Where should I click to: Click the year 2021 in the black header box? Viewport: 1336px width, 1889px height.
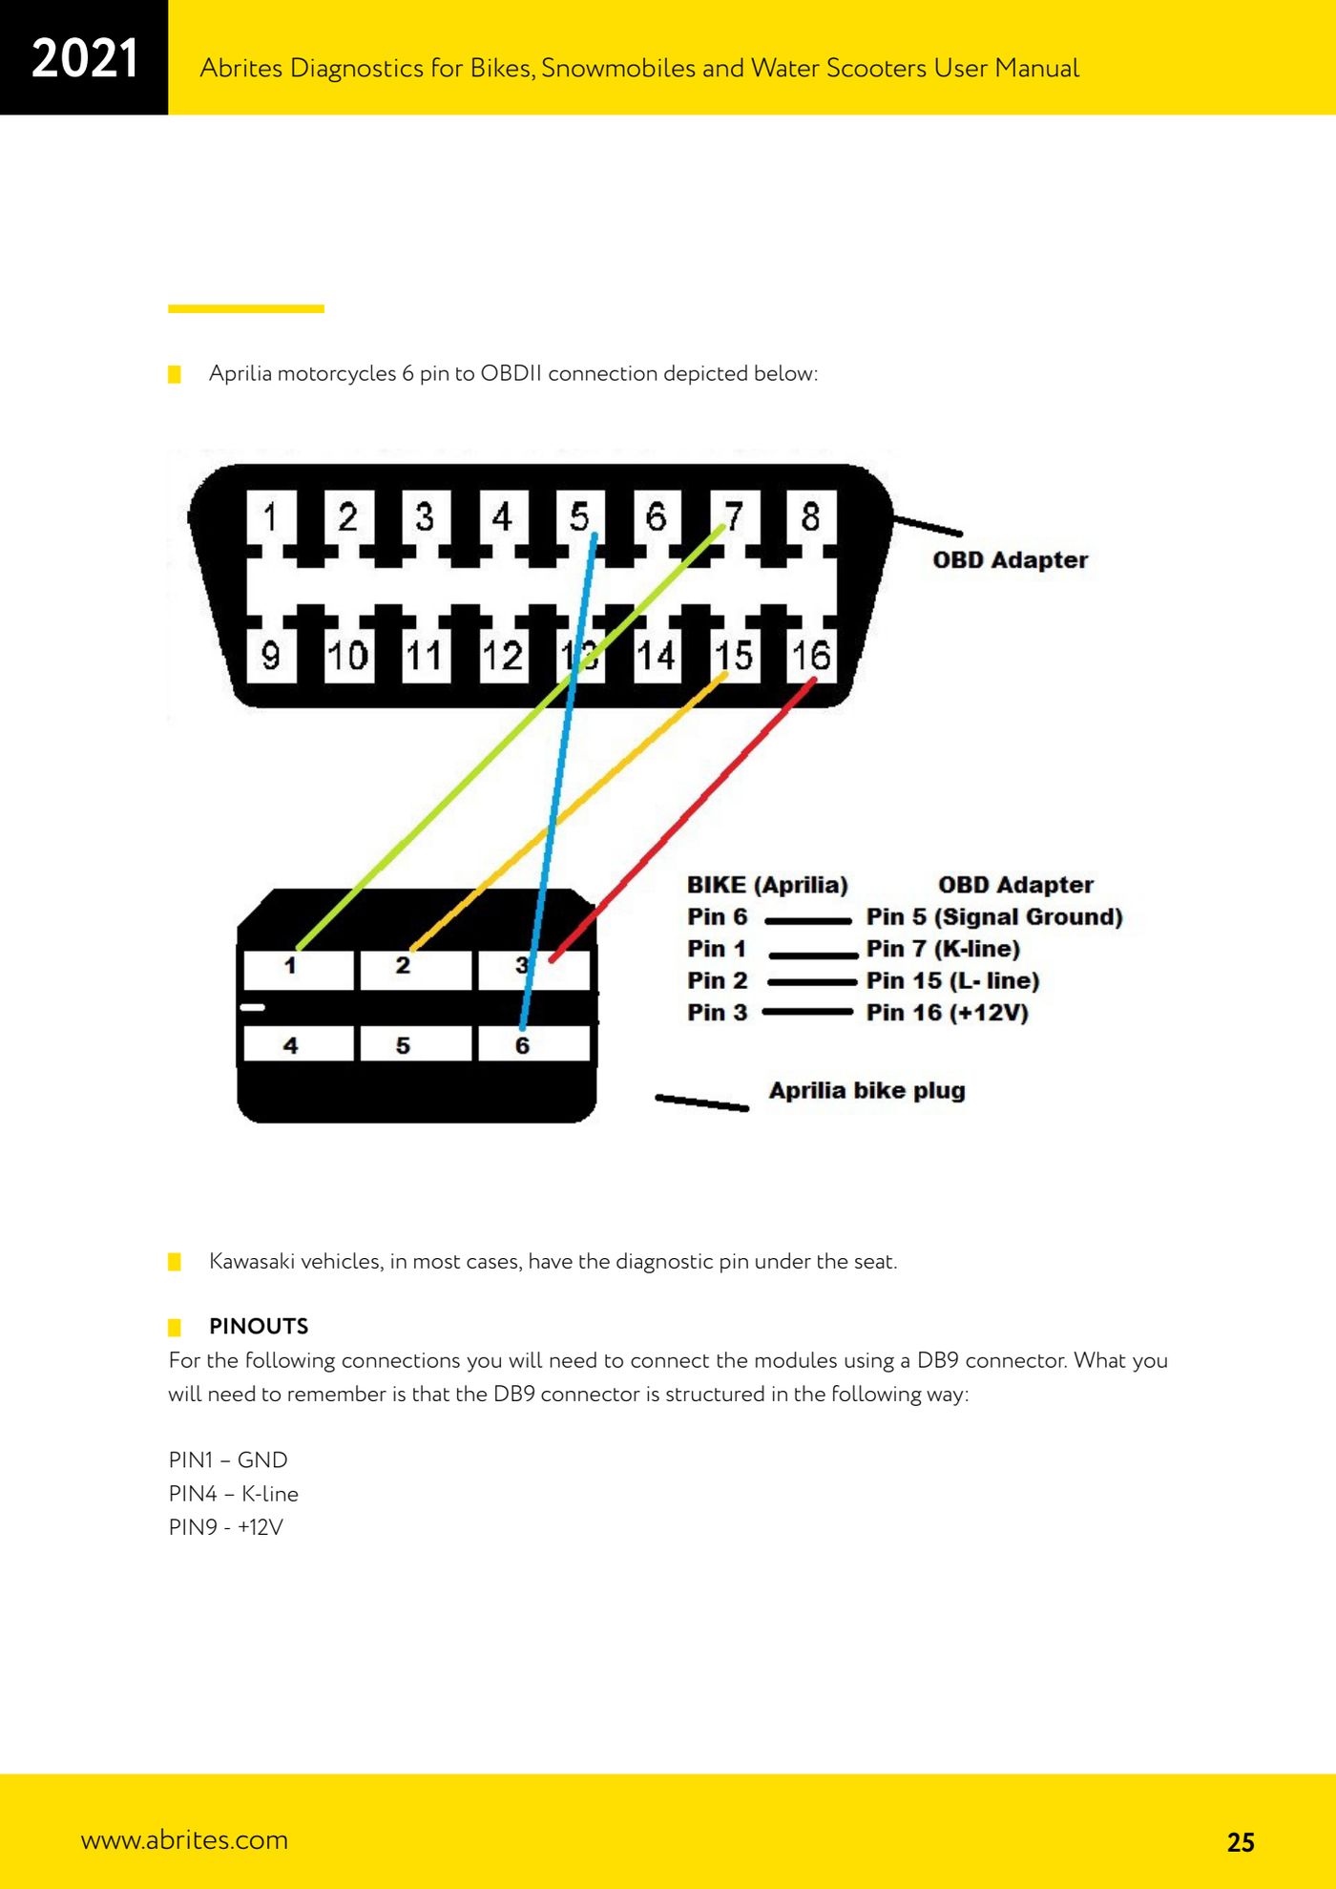click(x=85, y=58)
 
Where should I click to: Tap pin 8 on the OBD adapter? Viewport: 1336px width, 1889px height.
click(x=810, y=517)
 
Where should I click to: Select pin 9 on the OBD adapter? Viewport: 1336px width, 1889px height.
click(x=271, y=655)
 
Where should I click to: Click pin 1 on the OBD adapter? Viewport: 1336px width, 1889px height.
click(x=271, y=517)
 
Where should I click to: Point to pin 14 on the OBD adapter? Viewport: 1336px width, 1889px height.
click(x=657, y=655)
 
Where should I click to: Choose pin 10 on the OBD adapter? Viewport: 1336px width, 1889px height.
click(x=348, y=655)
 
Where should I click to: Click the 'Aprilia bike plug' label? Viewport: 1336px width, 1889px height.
click(x=867, y=1091)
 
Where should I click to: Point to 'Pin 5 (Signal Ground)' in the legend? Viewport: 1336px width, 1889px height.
click(x=994, y=917)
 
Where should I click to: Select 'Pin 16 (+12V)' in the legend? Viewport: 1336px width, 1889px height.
click(x=948, y=1013)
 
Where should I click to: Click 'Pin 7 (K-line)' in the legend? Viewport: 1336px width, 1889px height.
click(x=943, y=949)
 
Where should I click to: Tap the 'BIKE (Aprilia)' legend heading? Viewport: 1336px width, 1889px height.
click(x=767, y=885)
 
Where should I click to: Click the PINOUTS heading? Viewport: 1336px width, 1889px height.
click(x=259, y=1326)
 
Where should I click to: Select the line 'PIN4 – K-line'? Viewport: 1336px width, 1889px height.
click(x=234, y=1494)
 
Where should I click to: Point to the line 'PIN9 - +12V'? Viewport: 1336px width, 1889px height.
click(x=226, y=1527)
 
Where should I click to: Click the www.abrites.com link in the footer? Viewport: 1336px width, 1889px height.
click(x=184, y=1839)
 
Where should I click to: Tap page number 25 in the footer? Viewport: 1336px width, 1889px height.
click(x=1241, y=1842)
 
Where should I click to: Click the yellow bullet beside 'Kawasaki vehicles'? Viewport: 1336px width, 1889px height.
click(x=175, y=1262)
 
